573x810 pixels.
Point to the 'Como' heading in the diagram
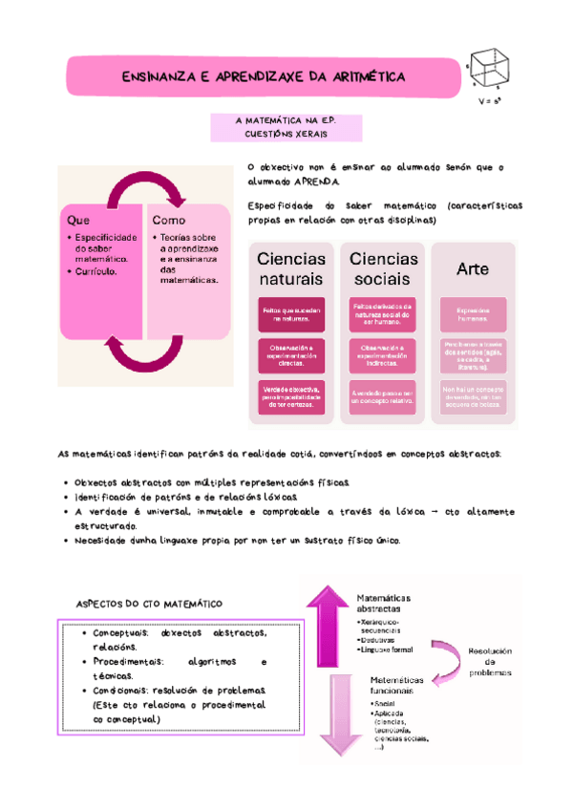(168, 219)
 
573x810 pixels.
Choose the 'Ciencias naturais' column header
(291, 268)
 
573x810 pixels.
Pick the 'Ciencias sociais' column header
(383, 268)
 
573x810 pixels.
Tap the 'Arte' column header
(472, 269)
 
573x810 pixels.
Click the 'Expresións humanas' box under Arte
(472, 314)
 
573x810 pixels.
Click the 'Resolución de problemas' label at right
(490, 662)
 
